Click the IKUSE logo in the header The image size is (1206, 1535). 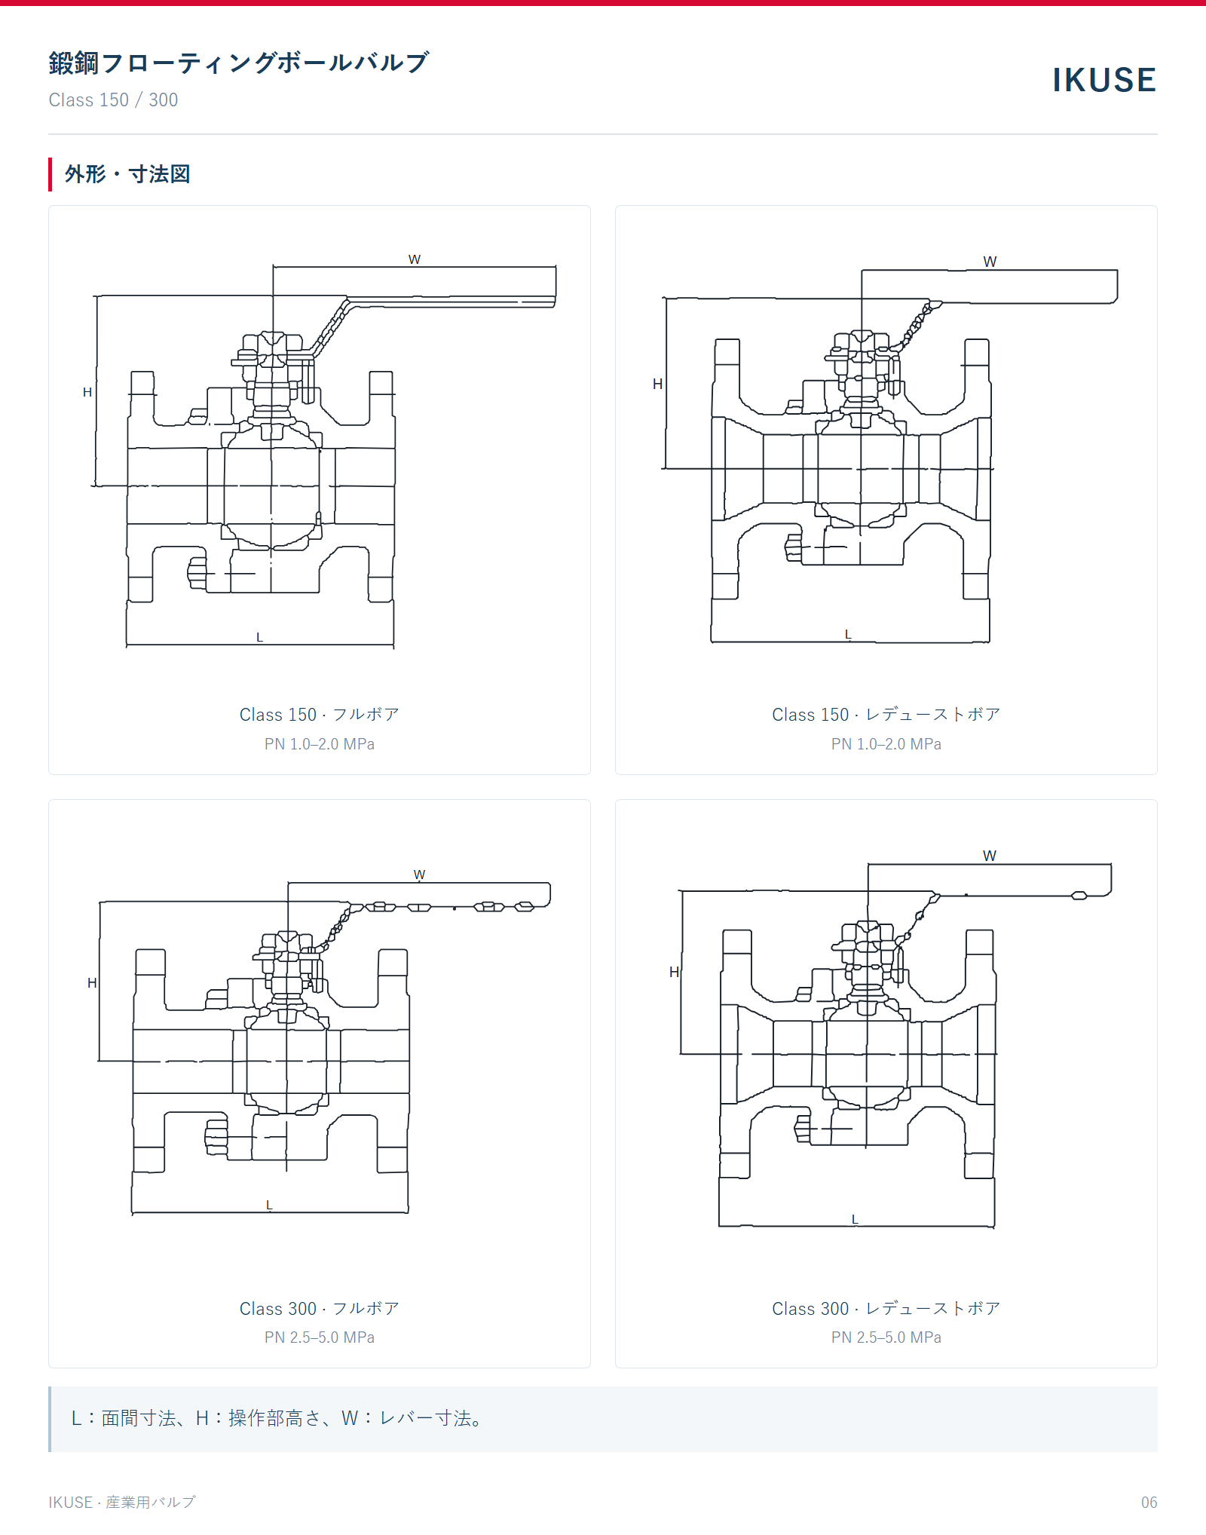1104,81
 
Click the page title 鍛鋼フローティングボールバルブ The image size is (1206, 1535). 239,63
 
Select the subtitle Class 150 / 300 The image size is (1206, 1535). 113,100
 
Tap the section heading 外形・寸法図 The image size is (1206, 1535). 127,174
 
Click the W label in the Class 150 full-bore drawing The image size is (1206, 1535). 415,259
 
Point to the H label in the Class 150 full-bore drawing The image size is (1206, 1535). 87,392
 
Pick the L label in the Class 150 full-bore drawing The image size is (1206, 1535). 259,637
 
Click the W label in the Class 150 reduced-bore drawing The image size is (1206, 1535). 990,262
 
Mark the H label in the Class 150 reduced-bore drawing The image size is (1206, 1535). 657,384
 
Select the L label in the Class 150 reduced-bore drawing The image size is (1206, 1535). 848,634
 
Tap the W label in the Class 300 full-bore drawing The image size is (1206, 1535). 419,875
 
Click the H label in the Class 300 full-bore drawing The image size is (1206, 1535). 92,982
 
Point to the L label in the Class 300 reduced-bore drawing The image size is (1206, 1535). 855,1219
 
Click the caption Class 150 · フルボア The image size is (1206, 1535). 320,714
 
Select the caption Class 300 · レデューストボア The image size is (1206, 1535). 886,1308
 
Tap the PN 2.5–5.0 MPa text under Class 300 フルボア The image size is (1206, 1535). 320,1337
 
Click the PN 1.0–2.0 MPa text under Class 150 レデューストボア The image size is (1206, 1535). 886,744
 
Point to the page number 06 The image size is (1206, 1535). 1149,1503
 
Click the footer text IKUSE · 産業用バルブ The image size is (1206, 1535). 122,1503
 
